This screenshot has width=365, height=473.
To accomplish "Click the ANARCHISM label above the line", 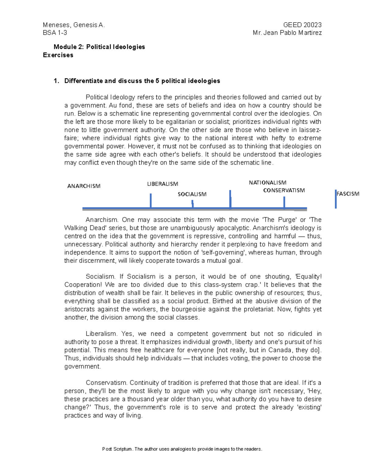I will coord(84,186).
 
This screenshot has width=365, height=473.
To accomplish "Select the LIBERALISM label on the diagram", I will coord(162,184).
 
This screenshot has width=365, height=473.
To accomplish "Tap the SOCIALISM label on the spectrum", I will coord(192,194).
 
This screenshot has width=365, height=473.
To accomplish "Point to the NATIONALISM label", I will coord(267,183).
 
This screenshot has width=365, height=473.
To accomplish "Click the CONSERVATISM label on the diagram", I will coord(284,190).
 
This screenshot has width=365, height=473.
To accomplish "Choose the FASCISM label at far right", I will coord(348,194).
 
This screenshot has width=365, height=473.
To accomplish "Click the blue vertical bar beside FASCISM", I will coord(335,199).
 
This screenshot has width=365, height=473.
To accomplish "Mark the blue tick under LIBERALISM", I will coord(151,201).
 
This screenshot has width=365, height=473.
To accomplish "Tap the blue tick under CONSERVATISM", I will coord(284,203).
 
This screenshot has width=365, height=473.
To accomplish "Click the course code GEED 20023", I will coord(302,25).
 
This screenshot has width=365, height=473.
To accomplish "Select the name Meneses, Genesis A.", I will coord(74,25).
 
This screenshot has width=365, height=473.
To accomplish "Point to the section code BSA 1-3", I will coord(55,33).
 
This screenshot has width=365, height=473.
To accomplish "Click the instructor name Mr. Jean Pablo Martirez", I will coord(287,33).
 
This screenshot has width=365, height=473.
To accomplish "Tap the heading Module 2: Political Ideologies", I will coord(99,47).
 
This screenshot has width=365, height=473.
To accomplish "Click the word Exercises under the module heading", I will coord(58,55).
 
